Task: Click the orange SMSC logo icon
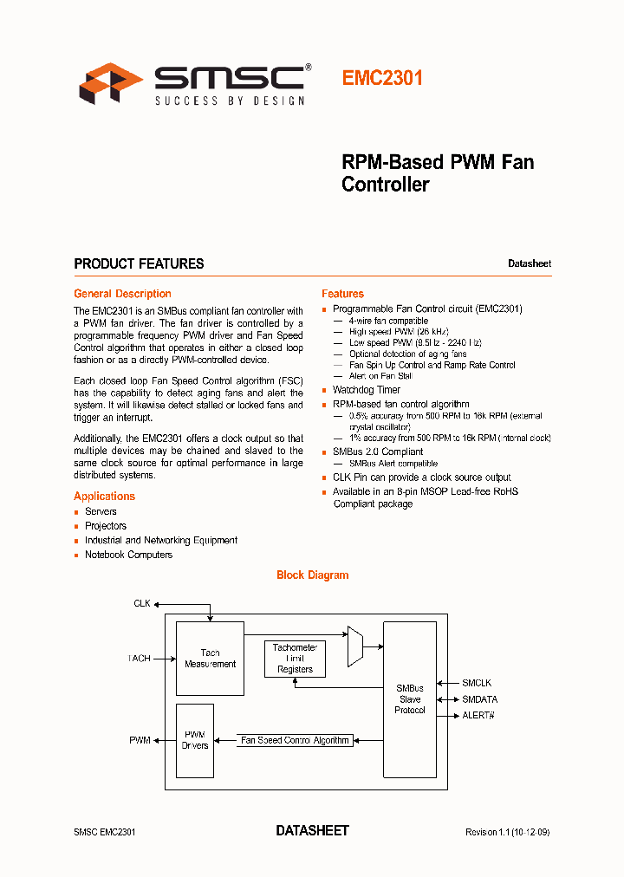coord(111,83)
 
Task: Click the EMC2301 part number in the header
coord(382,78)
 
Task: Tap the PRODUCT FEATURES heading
coord(139,263)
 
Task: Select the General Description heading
coord(122,294)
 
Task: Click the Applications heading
coord(104,497)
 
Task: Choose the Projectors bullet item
coord(105,526)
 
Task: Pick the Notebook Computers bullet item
coord(128,555)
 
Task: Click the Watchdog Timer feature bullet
coord(366,390)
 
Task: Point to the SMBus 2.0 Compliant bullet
coord(378,452)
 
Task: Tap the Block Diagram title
coord(312,575)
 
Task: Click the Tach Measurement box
coord(210,658)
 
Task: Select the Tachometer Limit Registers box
coord(295,659)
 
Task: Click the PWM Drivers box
coord(194,740)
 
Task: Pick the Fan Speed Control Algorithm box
coord(295,740)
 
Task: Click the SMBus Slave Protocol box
coord(409,698)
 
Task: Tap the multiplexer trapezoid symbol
coord(355,646)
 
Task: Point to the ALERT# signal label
coord(478,715)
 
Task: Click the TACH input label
coord(139,659)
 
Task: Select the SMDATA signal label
coord(479,699)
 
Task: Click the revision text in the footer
coord(507,832)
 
